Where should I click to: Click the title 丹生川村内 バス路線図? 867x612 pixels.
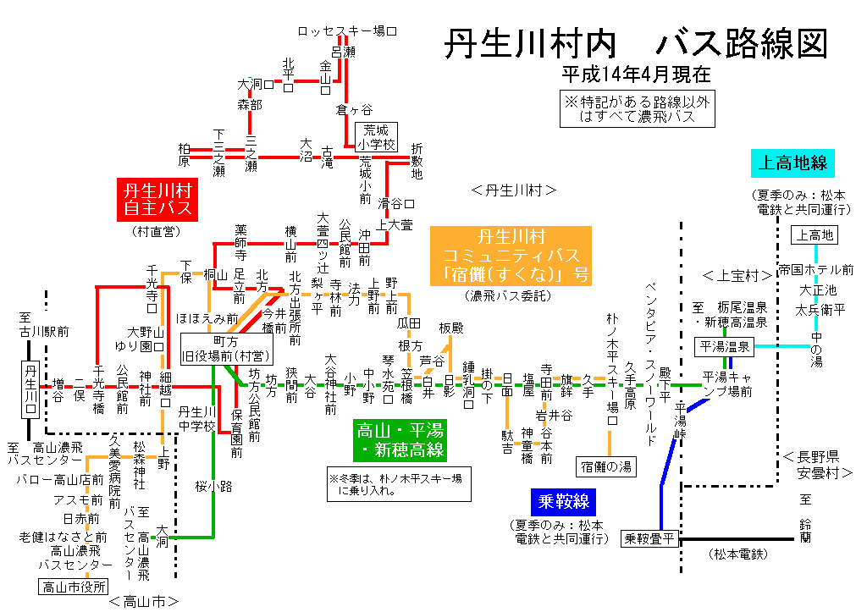point(636,43)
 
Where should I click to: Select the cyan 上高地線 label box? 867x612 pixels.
point(792,163)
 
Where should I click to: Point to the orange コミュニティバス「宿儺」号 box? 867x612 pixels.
point(511,255)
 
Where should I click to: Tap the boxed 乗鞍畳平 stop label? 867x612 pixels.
point(650,538)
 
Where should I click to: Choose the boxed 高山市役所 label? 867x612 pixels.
point(75,586)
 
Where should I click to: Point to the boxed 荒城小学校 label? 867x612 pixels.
point(376,137)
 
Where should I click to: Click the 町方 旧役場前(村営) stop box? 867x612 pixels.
point(225,346)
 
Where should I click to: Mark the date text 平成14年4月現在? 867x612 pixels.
point(635,74)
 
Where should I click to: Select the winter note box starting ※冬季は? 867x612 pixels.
point(399,484)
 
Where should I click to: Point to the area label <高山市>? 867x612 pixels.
point(143,602)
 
